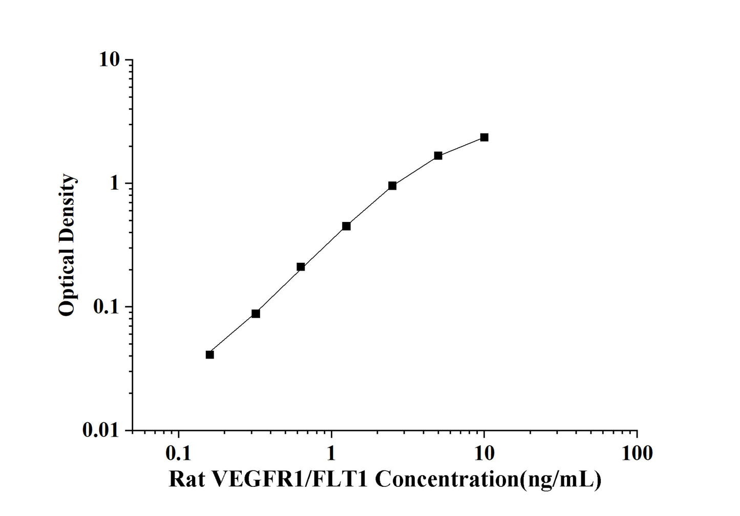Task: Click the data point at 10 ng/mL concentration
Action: (484, 137)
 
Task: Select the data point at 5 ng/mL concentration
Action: (438, 155)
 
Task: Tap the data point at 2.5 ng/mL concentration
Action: (392, 186)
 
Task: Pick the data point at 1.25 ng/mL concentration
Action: (346, 226)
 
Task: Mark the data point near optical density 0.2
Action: (301, 267)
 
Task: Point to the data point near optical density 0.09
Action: (256, 313)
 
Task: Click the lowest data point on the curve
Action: (209, 354)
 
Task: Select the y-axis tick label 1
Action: (115, 184)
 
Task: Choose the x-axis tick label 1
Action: (331, 453)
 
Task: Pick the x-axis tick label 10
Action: (484, 453)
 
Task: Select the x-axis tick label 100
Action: (637, 453)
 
